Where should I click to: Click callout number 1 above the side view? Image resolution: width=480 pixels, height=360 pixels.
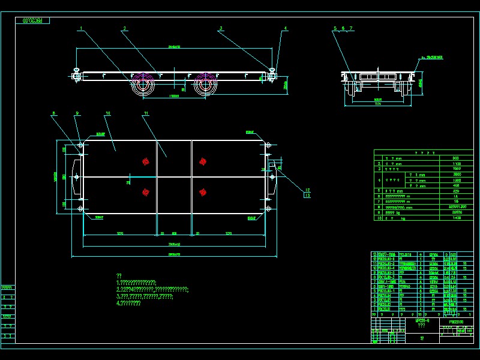point(80,28)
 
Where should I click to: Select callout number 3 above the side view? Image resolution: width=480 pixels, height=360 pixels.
point(221,28)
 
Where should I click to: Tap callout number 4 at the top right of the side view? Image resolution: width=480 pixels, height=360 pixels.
point(286,28)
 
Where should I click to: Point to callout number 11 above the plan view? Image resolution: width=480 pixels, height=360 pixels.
point(146,113)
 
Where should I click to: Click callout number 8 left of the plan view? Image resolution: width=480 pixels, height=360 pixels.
point(53,113)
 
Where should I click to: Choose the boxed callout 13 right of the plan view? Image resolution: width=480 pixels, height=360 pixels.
point(308,195)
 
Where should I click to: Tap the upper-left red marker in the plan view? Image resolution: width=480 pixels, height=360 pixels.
point(145,161)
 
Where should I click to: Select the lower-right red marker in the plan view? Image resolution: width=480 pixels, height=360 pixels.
point(203,192)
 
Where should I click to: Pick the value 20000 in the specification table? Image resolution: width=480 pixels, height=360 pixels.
point(457,212)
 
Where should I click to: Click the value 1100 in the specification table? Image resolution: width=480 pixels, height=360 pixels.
point(457,163)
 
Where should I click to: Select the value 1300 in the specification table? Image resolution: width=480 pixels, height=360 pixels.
point(457,180)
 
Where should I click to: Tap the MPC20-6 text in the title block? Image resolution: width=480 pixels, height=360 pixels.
point(422,322)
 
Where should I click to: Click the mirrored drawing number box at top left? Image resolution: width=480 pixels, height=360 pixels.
point(32,20)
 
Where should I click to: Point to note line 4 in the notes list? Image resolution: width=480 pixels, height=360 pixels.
point(128,303)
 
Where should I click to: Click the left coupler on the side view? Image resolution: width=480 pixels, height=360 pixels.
point(76,75)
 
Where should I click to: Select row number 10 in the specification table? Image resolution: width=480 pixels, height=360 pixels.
point(379,218)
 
